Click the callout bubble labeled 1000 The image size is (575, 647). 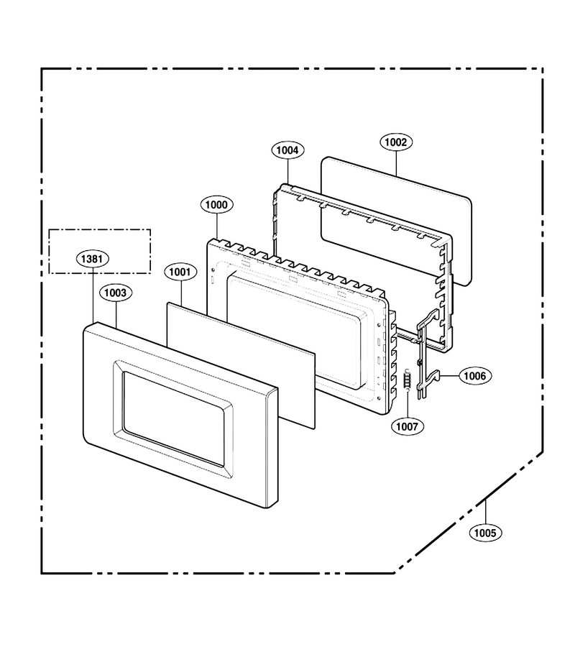[216, 205]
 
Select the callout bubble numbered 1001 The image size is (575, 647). [180, 272]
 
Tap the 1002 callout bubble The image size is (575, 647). [396, 142]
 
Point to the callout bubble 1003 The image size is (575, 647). [115, 293]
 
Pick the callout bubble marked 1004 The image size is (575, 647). [287, 150]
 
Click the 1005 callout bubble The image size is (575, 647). [485, 533]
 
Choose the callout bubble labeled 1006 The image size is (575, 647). [475, 376]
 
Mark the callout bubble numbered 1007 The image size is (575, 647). [408, 426]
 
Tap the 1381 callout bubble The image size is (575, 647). [92, 259]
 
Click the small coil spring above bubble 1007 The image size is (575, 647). [407, 378]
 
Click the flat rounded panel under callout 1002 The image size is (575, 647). [396, 221]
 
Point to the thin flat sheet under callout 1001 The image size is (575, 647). [241, 365]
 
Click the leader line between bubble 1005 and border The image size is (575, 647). [485, 512]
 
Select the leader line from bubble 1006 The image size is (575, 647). [450, 376]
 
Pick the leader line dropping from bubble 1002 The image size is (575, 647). [396, 164]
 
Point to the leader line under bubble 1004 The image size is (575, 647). [288, 172]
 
